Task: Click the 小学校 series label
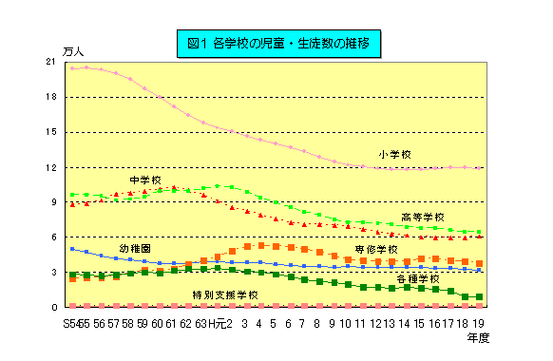(394, 154)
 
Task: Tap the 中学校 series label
(146, 180)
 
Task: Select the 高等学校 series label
(422, 217)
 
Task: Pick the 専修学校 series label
(376, 249)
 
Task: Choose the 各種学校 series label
(417, 279)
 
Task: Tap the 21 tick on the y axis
(50, 62)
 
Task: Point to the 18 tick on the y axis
(50, 97)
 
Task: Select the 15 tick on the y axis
(50, 132)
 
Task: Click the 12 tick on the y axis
(50, 167)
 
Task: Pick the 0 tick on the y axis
(53, 308)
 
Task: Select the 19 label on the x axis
(479, 323)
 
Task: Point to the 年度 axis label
(479, 336)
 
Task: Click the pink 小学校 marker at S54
(72, 68)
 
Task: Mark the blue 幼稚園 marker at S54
(72, 249)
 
